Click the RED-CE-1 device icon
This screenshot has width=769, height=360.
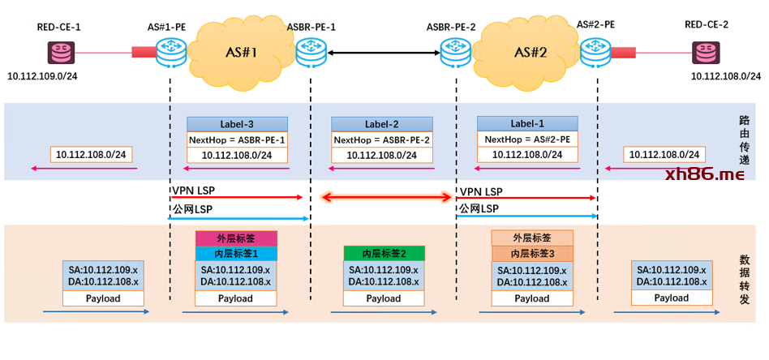(58, 54)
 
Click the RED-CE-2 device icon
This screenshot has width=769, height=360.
(706, 54)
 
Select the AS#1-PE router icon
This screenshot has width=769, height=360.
(171, 54)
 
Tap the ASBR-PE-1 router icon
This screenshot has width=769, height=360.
(310, 54)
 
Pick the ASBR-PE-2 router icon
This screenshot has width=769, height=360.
(453, 54)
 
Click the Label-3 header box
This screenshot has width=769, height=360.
(238, 124)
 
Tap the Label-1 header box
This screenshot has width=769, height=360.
(527, 123)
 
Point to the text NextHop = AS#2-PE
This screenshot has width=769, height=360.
(527, 139)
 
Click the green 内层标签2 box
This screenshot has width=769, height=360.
(383, 253)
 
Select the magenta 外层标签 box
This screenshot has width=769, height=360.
(236, 238)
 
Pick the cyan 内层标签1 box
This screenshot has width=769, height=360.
(236, 254)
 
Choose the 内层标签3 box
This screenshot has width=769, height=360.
(532, 253)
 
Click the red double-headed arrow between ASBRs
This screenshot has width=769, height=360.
(387, 196)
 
